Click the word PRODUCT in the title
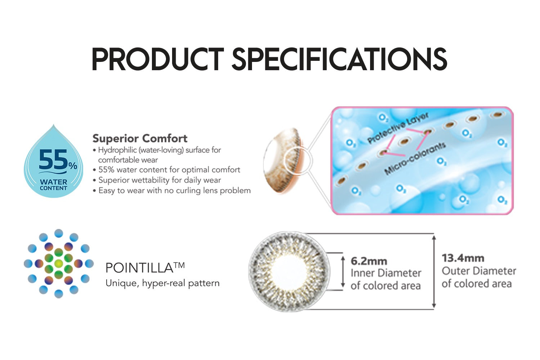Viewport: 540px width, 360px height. (x=158, y=59)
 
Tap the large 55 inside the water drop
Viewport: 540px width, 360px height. (x=53, y=159)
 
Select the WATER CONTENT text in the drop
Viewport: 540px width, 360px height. (x=54, y=185)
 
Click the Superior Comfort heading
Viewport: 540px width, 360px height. (x=140, y=138)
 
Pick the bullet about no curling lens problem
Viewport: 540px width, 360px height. (x=172, y=190)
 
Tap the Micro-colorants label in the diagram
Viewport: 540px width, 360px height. (x=415, y=159)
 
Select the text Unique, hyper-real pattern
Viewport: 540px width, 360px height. (x=162, y=283)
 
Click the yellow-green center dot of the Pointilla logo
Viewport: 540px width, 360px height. (x=59, y=264)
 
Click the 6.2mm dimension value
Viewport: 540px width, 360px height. (x=369, y=261)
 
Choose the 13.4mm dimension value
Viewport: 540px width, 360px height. (x=463, y=258)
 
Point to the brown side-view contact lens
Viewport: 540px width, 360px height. (x=284, y=160)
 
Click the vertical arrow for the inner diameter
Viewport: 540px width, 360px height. (x=343, y=272)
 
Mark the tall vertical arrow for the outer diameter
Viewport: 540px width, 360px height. (x=434, y=272)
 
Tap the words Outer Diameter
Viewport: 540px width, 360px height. (x=479, y=271)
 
